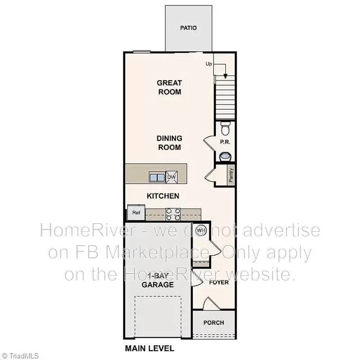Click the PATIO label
pyautogui.click(x=188, y=28)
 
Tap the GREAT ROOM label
pyautogui.click(x=169, y=87)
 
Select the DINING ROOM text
pyautogui.click(x=169, y=143)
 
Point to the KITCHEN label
pyautogui.click(x=163, y=196)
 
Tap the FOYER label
pyautogui.click(x=219, y=283)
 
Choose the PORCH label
pyautogui.click(x=213, y=323)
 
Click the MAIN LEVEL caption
pyautogui.click(x=149, y=348)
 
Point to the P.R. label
pyautogui.click(x=225, y=141)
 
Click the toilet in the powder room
pyautogui.click(x=225, y=128)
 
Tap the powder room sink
pyautogui.click(x=225, y=156)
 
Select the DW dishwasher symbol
pyautogui.click(x=171, y=177)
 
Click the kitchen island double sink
pyautogui.click(x=157, y=177)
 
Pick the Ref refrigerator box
pyautogui.click(x=135, y=212)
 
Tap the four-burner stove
pyautogui.click(x=173, y=214)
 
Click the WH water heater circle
pyautogui.click(x=201, y=230)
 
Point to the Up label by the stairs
pyautogui.click(x=209, y=64)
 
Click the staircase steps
pyautogui.click(x=225, y=97)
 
